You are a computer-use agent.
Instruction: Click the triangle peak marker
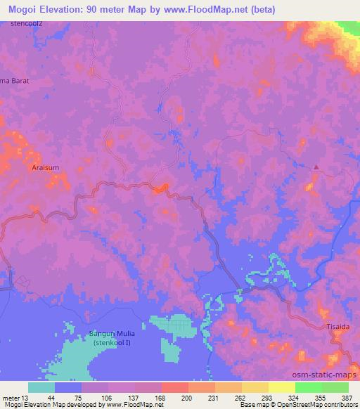tap(316, 167)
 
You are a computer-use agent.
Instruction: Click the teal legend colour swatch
tap(41, 387)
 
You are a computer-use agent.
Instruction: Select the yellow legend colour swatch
tap(281, 387)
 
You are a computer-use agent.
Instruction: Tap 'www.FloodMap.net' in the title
tap(212, 10)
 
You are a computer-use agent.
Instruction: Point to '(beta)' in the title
tap(274, 10)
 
